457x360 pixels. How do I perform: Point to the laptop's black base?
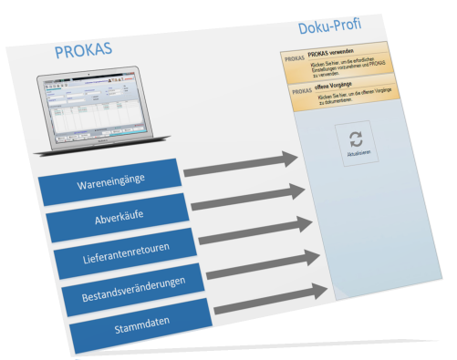(91, 149)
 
